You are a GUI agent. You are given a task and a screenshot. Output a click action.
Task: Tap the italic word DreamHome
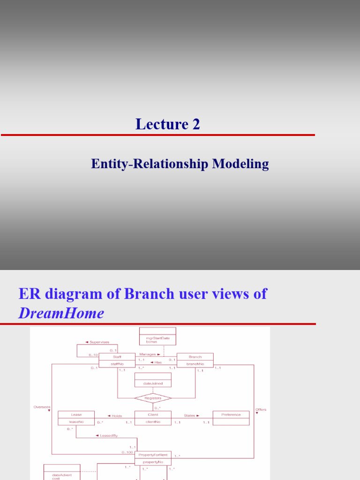(61, 313)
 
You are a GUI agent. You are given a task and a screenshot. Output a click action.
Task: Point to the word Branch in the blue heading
(147, 294)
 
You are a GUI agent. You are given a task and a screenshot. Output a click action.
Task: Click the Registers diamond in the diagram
(153, 398)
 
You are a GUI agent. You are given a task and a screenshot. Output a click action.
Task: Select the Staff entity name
(117, 357)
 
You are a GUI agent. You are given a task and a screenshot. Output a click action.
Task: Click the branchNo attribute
(195, 363)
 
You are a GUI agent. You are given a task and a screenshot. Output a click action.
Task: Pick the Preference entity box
(231, 415)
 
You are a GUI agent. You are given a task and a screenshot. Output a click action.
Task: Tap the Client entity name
(153, 415)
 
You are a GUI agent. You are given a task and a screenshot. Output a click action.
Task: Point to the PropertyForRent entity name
(153, 455)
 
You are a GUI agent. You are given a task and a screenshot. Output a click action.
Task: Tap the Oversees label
(42, 407)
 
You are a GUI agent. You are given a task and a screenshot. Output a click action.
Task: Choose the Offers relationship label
(261, 409)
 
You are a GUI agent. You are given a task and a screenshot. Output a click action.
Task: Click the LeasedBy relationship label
(106, 435)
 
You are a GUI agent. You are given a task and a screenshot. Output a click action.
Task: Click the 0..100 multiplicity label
(127, 452)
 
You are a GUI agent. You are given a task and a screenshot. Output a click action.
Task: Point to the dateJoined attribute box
(153, 383)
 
